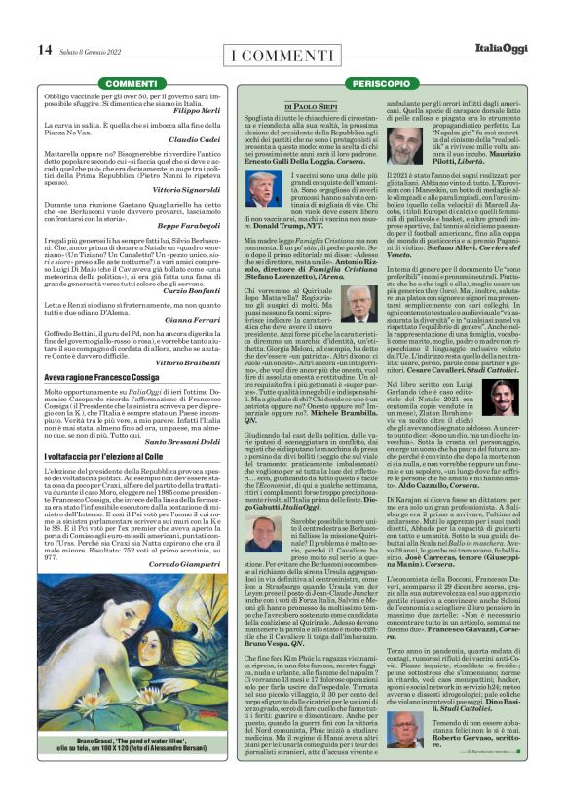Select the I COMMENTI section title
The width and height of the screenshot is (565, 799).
coord(282,53)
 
